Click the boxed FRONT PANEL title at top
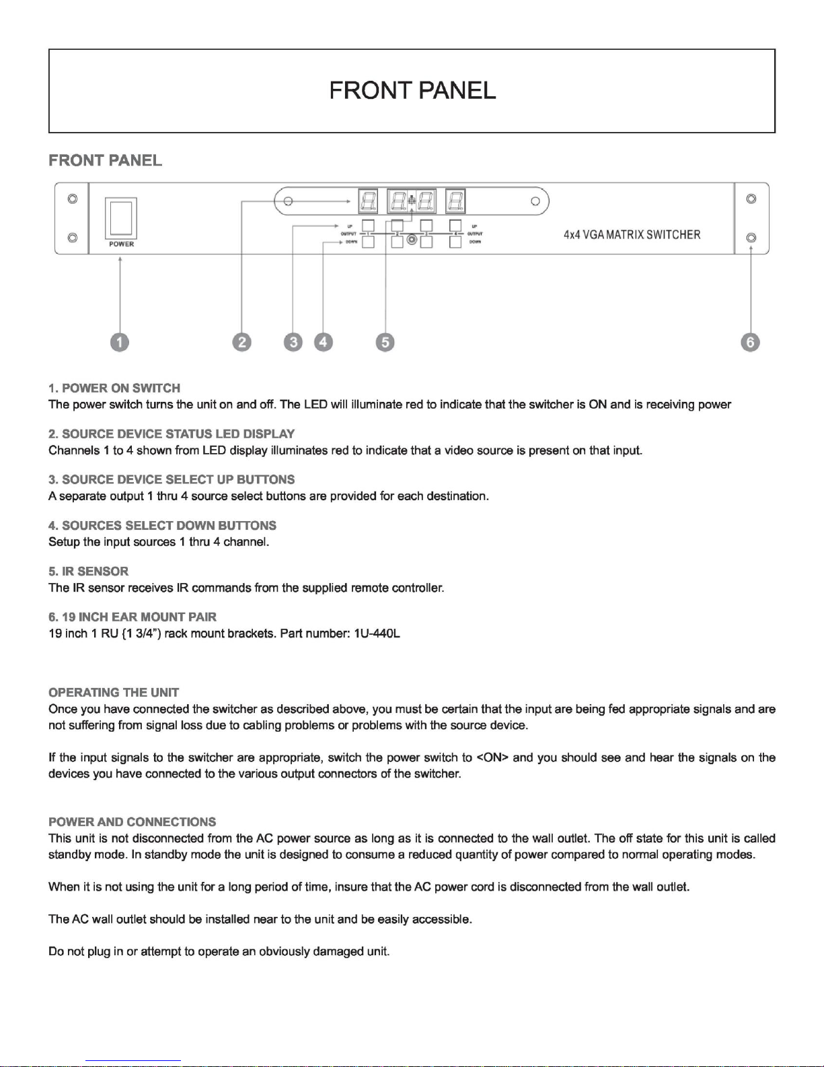tap(412, 90)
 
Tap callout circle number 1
tap(120, 343)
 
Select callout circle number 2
tap(241, 343)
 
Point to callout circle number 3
tap(293, 343)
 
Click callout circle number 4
tap(324, 343)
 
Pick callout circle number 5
tap(385, 343)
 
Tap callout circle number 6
tap(750, 343)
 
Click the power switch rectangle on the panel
tap(121, 217)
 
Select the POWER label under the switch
tap(121, 244)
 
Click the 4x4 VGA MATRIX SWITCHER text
tap(632, 235)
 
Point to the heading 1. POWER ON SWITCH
tap(114, 388)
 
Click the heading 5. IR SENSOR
tap(88, 572)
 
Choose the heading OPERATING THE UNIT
tap(114, 693)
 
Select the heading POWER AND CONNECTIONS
tap(132, 822)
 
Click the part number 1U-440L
tap(377, 633)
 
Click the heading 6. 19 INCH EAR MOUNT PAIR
tap(133, 617)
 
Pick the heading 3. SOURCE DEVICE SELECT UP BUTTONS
tap(172, 480)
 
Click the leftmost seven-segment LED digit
tap(368, 201)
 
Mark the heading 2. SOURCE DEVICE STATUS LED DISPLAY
tap(172, 434)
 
